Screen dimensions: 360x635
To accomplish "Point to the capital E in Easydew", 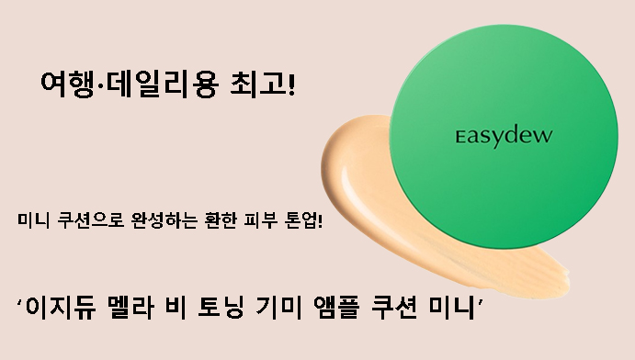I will [462, 137].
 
